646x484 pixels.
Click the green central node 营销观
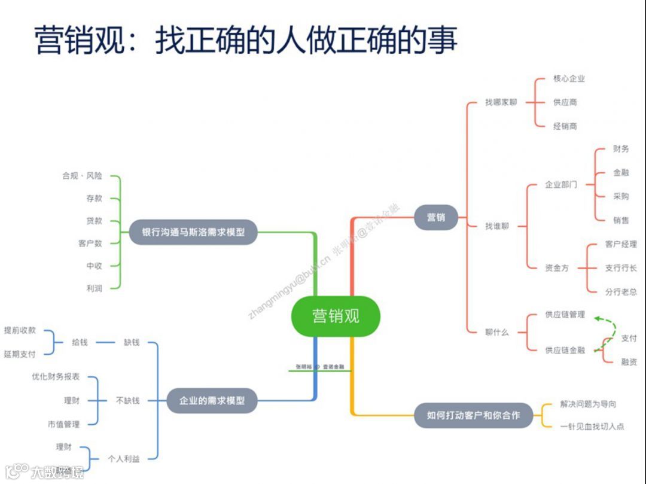[x=336, y=315]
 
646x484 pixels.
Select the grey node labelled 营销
[x=435, y=217]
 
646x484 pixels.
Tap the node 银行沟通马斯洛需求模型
[x=193, y=232]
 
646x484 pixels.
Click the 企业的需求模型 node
[x=212, y=400]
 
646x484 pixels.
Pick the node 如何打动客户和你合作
[x=473, y=415]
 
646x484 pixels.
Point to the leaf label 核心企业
[x=569, y=78]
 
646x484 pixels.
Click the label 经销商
[x=565, y=126]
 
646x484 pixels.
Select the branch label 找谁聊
[x=497, y=226]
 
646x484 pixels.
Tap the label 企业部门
[x=560, y=184]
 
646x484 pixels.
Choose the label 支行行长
[x=620, y=267]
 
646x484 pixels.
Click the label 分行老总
[x=620, y=291]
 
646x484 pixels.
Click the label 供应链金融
[x=565, y=350]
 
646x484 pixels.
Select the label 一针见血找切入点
[x=592, y=427]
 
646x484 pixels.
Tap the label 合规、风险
[x=82, y=176]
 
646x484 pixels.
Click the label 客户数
[x=90, y=243]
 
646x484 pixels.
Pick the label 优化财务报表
[x=56, y=377]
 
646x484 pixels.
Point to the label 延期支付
[x=20, y=354]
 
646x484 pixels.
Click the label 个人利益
[x=123, y=459]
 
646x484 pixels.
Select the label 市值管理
[x=63, y=424]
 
